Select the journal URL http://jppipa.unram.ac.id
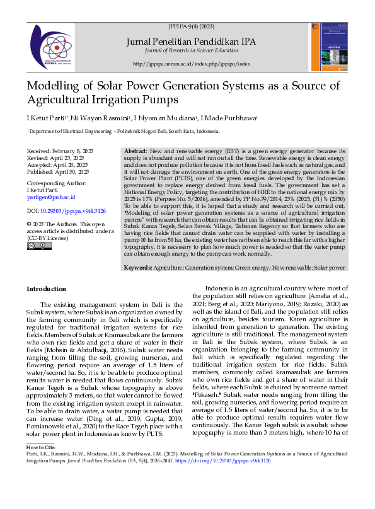click(x=192, y=64)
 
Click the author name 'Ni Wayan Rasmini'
click(x=100, y=118)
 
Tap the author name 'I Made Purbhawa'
click(x=233, y=118)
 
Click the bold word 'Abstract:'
click(x=136, y=152)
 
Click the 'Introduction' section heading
click(x=46, y=289)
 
